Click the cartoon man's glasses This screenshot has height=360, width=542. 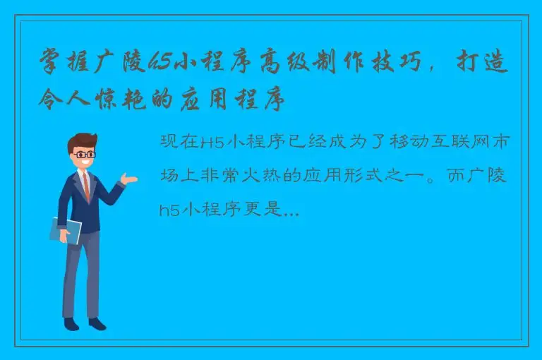[85, 152]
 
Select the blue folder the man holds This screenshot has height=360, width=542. [65, 230]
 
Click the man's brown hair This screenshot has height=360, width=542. [83, 139]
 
